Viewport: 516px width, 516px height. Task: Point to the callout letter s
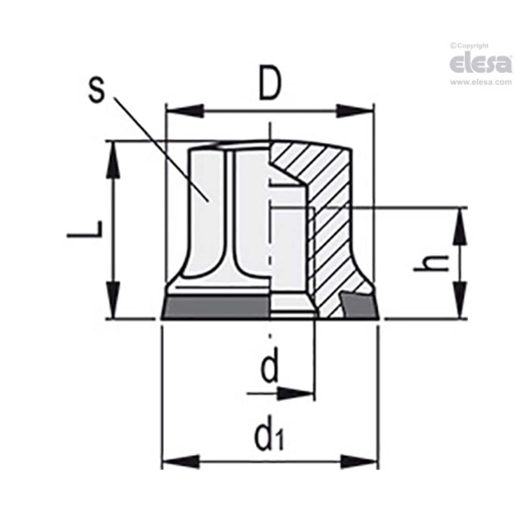click(98, 90)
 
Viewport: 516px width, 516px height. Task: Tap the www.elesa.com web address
click(481, 82)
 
